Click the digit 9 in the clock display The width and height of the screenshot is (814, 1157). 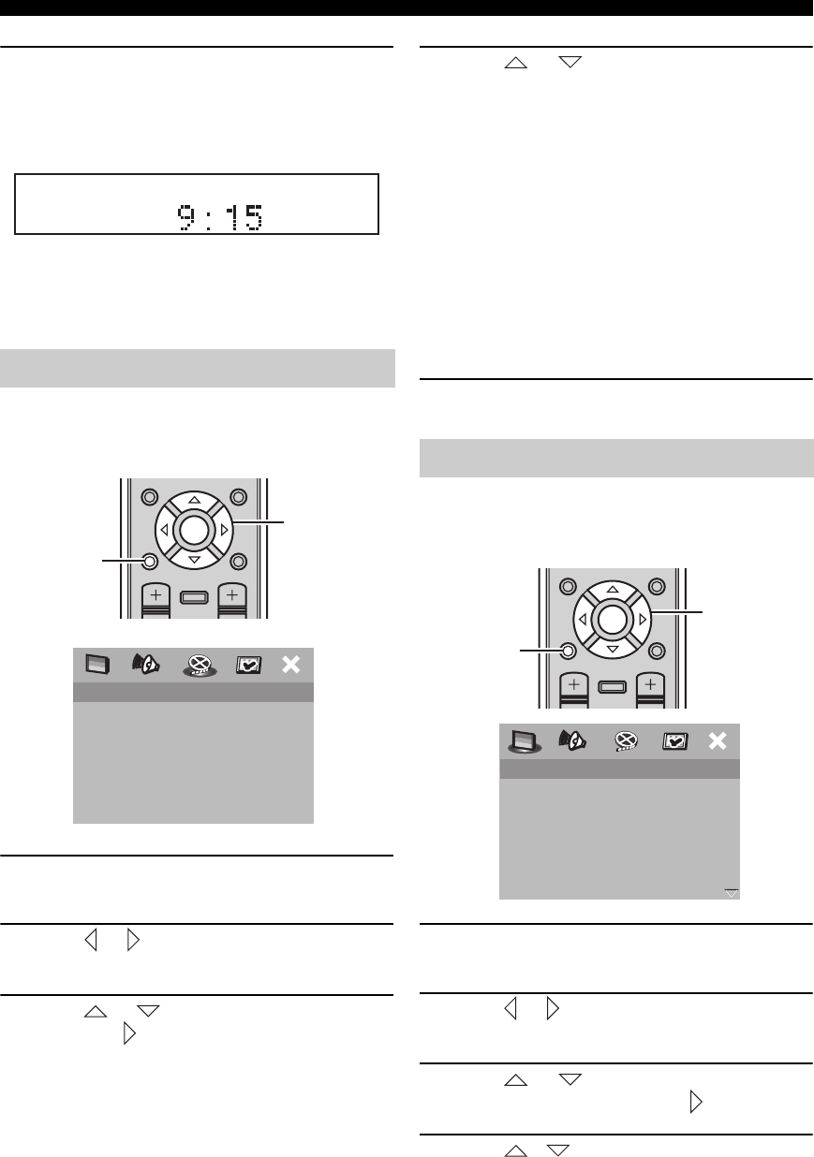[x=185, y=217]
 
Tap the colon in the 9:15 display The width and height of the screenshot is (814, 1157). [x=208, y=218]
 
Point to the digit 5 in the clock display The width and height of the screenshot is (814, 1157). [x=254, y=217]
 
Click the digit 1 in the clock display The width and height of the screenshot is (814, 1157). [x=234, y=217]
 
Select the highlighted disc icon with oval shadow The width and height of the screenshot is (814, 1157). [x=200, y=666]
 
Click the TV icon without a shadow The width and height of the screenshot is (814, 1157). [x=97, y=665]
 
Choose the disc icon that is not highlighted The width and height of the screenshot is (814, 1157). [x=626, y=741]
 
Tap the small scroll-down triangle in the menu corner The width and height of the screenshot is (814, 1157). [x=732, y=893]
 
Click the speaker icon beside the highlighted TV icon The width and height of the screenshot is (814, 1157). [x=572, y=740]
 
